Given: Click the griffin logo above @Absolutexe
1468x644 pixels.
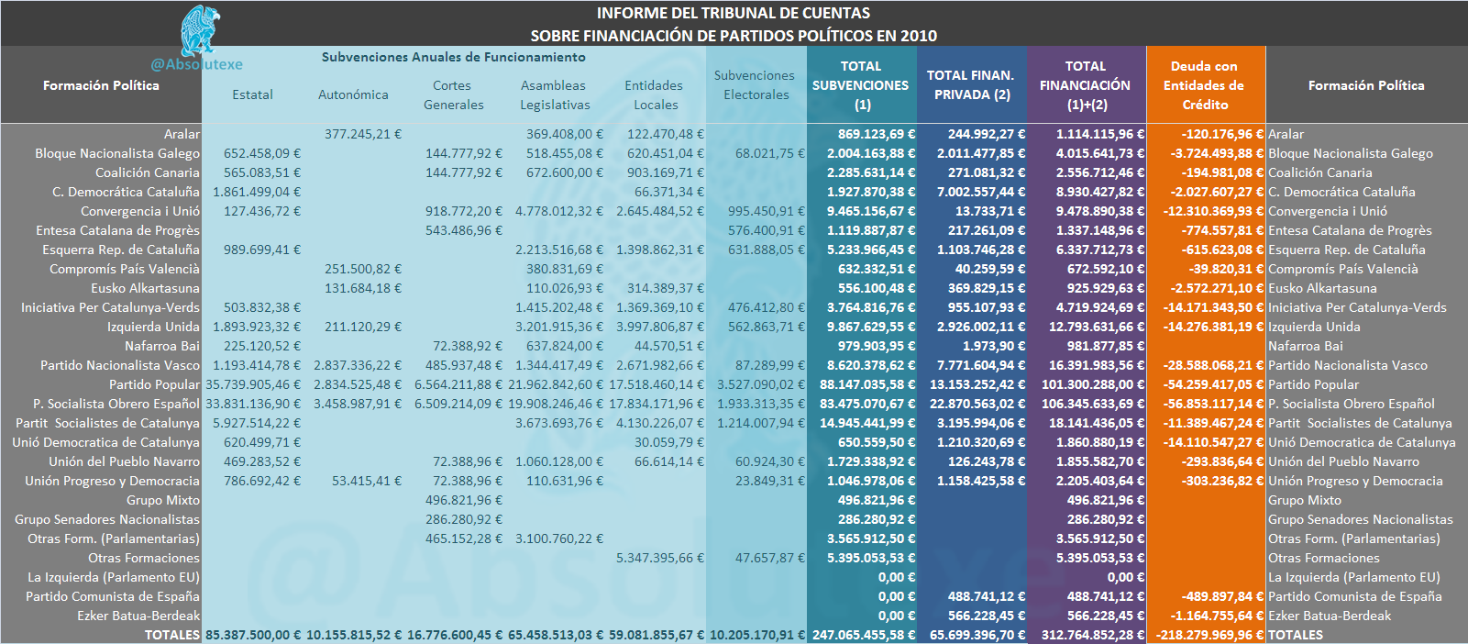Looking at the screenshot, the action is pos(200,30).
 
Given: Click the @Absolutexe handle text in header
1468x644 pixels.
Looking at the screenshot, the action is pos(196,64).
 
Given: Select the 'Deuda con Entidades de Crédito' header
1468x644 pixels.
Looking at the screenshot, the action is pos(1205,85).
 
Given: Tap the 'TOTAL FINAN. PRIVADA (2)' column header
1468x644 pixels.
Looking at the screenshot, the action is pos(971,85).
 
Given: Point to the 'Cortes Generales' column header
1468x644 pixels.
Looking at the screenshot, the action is pos(453,95).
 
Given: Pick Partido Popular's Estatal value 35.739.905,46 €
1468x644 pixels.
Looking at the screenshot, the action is pos(253,384).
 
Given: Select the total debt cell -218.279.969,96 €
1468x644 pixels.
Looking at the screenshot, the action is pos(1209,635).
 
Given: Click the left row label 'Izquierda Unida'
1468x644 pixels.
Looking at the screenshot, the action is pos(153,327).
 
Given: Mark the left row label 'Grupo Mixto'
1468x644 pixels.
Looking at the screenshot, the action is pos(163,500).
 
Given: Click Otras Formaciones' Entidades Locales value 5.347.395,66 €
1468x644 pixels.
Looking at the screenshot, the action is pos(660,558).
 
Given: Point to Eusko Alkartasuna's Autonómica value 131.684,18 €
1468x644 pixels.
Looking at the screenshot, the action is pos(363,288).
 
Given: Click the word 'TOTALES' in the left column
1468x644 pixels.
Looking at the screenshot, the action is pos(171,635).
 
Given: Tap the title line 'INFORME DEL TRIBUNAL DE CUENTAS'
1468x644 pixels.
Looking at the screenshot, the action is pos(734,13).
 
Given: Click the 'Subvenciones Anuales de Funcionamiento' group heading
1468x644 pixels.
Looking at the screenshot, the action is pos(454,57).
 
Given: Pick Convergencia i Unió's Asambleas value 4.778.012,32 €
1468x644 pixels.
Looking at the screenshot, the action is pos(559,211).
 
